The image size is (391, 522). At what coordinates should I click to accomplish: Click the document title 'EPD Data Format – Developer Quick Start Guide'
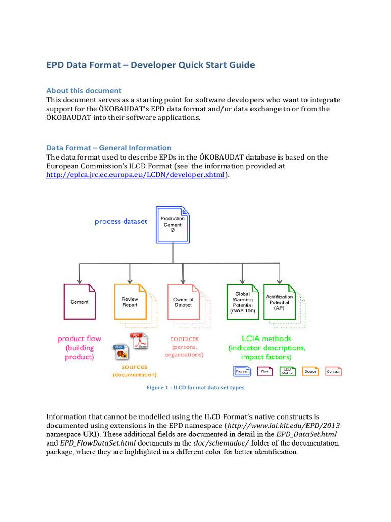[x=151, y=65]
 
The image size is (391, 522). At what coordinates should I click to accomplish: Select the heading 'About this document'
[x=84, y=91]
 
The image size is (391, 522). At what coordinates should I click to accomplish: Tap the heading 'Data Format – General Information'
[x=109, y=148]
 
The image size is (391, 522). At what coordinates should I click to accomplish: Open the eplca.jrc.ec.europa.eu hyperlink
[x=135, y=175]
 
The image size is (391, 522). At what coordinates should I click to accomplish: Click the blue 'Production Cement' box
[x=173, y=224]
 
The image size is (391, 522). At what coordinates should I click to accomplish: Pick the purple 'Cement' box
[x=79, y=302]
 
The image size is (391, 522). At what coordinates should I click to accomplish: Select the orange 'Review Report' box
[x=130, y=302]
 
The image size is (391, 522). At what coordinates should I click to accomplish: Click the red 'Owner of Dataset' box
[x=183, y=302]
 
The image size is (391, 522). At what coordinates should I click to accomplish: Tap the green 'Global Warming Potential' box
[x=243, y=302]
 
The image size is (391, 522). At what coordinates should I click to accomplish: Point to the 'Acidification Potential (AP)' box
[x=279, y=302]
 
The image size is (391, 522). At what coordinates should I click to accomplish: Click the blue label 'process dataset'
[x=121, y=222]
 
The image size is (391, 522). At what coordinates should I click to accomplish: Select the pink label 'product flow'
[x=79, y=338]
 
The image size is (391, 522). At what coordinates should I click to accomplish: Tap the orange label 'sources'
[x=134, y=367]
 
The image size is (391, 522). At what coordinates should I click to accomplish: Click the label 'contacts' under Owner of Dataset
[x=184, y=338]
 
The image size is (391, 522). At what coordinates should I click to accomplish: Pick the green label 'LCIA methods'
[x=266, y=338]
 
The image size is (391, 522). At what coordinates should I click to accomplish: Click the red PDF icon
[x=139, y=341]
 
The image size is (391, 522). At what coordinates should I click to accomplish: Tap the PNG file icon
[x=120, y=352]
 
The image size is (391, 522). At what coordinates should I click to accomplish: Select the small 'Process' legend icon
[x=242, y=371]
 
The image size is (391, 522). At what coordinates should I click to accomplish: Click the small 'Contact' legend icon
[x=333, y=371]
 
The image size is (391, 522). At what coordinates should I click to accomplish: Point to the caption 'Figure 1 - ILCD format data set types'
[x=195, y=388]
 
